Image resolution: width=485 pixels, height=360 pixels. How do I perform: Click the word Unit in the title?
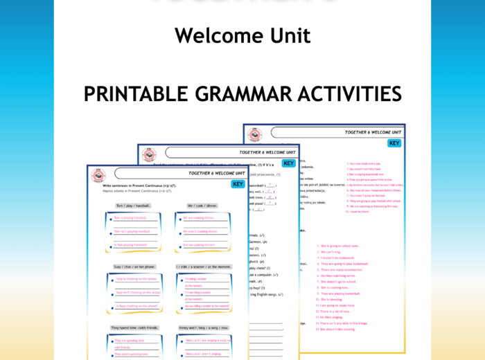point(285,35)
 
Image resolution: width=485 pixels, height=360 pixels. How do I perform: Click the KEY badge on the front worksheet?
point(238,184)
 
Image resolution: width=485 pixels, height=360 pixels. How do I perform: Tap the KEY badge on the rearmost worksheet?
point(394,143)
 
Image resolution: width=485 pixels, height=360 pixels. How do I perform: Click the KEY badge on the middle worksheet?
point(288,163)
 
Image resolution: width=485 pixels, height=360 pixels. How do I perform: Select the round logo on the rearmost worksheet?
point(255,134)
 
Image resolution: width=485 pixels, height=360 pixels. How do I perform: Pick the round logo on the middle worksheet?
point(149,155)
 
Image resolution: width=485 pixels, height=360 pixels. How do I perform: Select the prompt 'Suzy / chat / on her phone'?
point(134,267)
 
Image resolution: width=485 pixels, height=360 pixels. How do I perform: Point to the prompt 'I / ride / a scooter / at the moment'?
point(202,267)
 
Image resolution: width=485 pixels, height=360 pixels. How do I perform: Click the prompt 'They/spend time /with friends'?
point(134,327)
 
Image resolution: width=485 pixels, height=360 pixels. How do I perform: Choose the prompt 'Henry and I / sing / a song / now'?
point(202,327)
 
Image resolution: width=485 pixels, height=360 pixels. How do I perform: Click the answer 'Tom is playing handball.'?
point(131,218)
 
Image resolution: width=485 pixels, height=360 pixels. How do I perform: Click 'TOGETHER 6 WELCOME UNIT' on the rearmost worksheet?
point(373,132)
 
